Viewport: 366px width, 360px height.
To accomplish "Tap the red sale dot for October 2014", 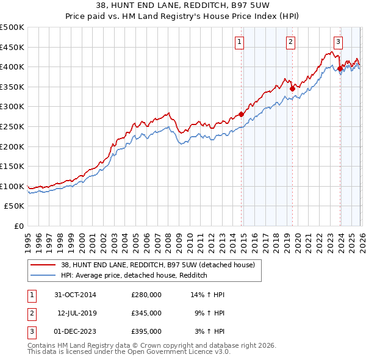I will [242, 114].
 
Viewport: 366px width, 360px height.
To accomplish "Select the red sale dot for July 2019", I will [292, 88].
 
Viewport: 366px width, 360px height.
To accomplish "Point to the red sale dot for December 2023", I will [340, 68].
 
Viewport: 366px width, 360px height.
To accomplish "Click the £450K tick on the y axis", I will [12, 47].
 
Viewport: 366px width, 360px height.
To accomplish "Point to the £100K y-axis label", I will [12, 186].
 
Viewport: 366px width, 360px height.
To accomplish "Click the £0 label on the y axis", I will [18, 226].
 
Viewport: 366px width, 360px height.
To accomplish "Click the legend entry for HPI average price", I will [134, 276].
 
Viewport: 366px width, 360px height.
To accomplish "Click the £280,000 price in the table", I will [146, 295].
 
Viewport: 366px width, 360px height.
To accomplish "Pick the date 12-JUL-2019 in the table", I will [77, 312].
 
